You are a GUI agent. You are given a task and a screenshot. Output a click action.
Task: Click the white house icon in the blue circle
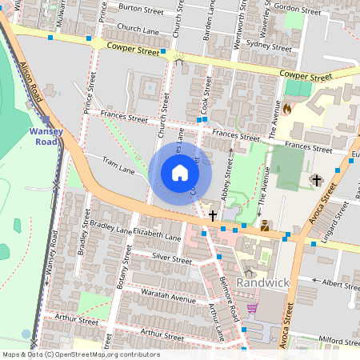(180, 173)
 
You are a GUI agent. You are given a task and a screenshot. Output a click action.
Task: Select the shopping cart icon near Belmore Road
(252, 308)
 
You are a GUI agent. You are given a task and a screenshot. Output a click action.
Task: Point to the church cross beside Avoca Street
(317, 180)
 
